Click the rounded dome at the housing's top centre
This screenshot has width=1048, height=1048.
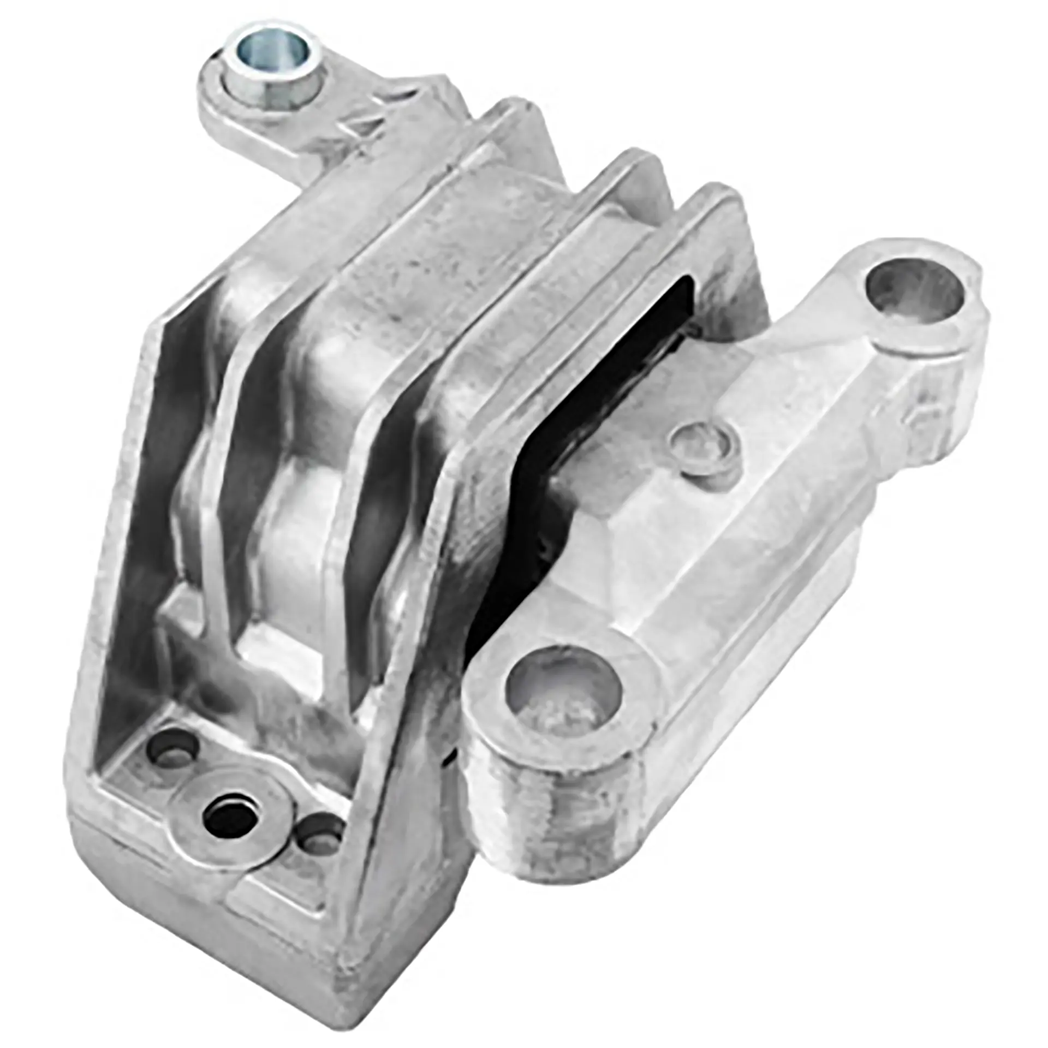[491, 218]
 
